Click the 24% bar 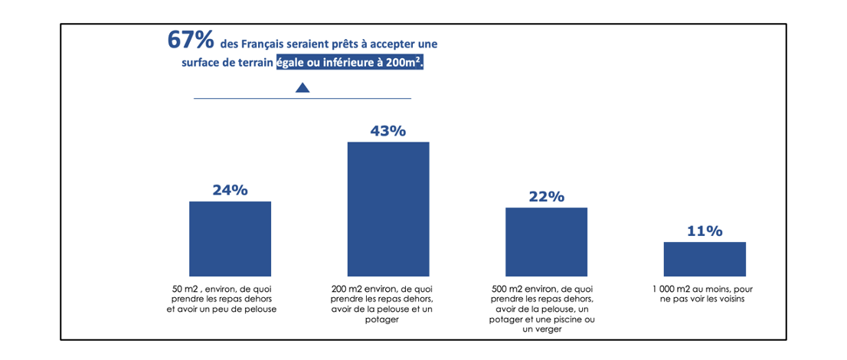pyautogui.click(x=230, y=238)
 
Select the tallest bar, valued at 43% pyautogui.click(x=388, y=208)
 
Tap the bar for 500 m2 pyautogui.click(x=546, y=241)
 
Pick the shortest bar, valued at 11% pyautogui.click(x=705, y=259)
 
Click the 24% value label pyautogui.click(x=230, y=191)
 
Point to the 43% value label pyautogui.click(x=388, y=131)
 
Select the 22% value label pyautogui.click(x=546, y=197)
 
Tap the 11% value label pyautogui.click(x=705, y=231)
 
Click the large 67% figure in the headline pyautogui.click(x=190, y=41)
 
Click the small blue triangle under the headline pyautogui.click(x=302, y=88)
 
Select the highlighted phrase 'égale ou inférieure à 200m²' pyautogui.click(x=350, y=64)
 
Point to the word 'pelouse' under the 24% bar pyautogui.click(x=259, y=309)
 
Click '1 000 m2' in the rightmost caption pyautogui.click(x=672, y=289)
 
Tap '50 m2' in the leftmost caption pyautogui.click(x=185, y=289)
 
